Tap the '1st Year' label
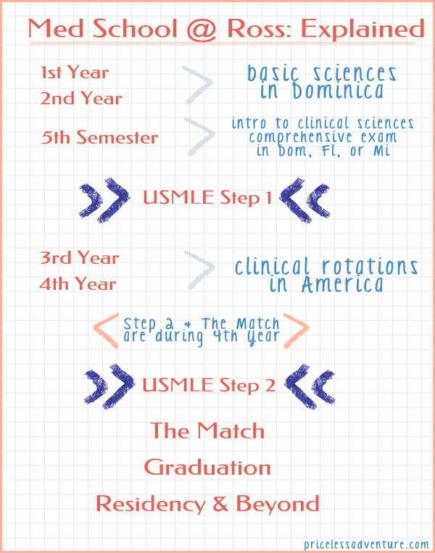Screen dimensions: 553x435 [75, 72]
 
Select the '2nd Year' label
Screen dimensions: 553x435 [81, 99]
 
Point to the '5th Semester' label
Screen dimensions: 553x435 [100, 138]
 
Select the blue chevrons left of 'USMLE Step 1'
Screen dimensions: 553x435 [102, 197]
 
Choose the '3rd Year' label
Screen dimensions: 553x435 [80, 258]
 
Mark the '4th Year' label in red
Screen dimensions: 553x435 [78, 284]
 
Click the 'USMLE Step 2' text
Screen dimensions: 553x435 [210, 385]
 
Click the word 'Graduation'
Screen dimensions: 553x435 [207, 467]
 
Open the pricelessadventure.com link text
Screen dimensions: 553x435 [366, 543]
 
